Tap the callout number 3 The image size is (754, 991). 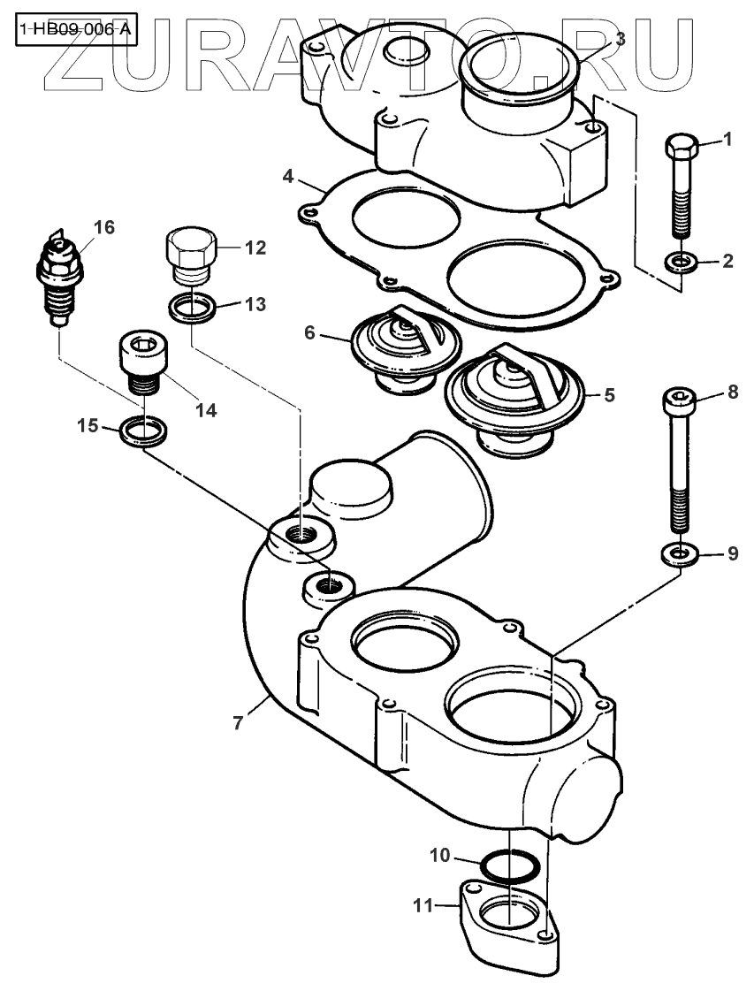click(x=621, y=39)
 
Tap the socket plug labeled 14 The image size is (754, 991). click(x=140, y=364)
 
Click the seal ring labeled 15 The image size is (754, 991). click(x=141, y=430)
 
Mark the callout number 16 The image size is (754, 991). click(x=103, y=228)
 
